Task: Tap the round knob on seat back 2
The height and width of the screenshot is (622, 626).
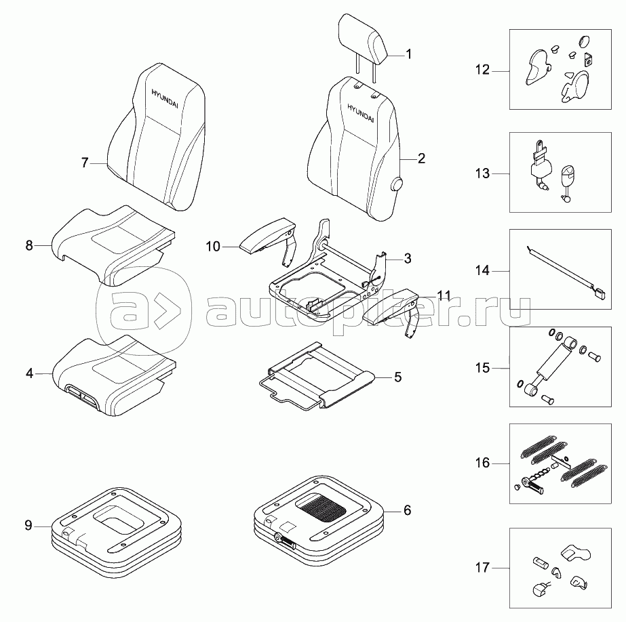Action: click(x=397, y=184)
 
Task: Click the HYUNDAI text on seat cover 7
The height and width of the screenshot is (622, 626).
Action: click(x=165, y=98)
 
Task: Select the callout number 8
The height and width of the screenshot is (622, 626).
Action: click(x=29, y=245)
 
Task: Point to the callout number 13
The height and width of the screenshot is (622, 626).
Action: click(x=482, y=173)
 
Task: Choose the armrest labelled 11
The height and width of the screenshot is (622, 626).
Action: click(x=391, y=312)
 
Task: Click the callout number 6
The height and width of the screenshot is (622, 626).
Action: click(x=407, y=510)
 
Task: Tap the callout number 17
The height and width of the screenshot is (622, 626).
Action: click(x=482, y=567)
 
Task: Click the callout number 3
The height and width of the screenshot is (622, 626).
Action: click(x=407, y=258)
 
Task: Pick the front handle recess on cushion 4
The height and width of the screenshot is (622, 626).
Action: click(x=82, y=396)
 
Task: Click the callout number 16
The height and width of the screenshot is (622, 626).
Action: click(x=482, y=463)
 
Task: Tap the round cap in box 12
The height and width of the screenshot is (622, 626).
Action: click(x=584, y=41)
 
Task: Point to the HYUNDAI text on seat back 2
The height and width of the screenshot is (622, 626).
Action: click(x=360, y=113)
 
